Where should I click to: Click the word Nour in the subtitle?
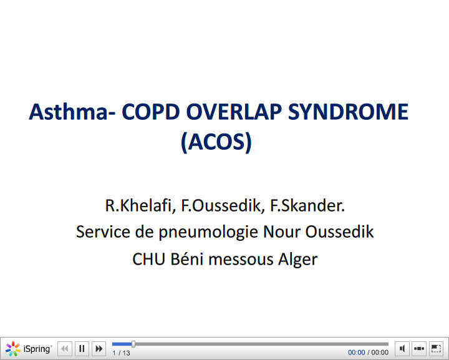click(285, 232)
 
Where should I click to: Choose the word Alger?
click(297, 258)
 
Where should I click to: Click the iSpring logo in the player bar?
click(29, 349)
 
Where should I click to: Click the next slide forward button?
click(99, 349)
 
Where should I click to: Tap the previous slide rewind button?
click(65, 349)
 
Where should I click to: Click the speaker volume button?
click(403, 349)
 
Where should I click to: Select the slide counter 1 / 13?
click(122, 353)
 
